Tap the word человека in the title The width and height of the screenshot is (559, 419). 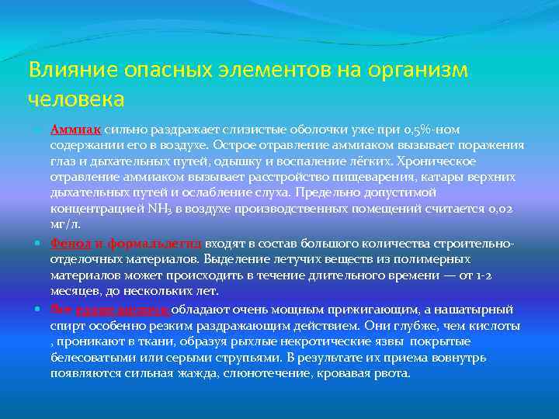click(x=76, y=99)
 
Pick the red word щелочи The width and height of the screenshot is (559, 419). click(x=147, y=308)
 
